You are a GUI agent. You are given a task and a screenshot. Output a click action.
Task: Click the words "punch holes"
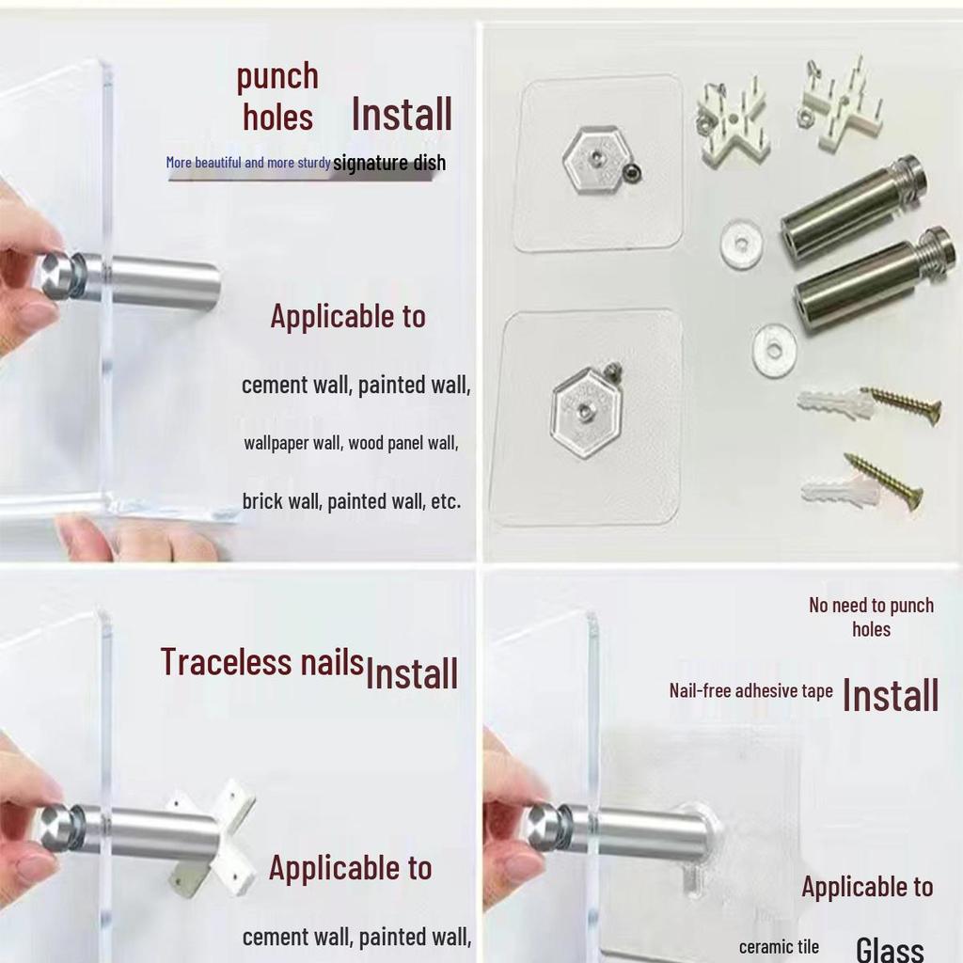(x=277, y=97)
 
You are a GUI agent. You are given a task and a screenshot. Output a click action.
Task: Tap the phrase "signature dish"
(x=389, y=163)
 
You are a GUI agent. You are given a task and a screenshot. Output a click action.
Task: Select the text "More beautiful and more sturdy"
(x=248, y=162)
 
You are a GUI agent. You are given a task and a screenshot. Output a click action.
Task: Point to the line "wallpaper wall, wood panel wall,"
(x=352, y=443)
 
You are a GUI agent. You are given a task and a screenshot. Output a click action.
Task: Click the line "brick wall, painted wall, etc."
(x=352, y=501)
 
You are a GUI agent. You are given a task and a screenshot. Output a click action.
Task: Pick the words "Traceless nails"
(x=262, y=662)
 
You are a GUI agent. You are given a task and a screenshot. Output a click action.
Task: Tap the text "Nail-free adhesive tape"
(x=751, y=691)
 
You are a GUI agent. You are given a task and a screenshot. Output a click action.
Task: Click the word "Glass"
(x=890, y=948)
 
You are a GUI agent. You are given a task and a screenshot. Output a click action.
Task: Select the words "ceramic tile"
(x=779, y=947)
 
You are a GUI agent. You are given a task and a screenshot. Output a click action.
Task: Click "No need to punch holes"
(x=871, y=617)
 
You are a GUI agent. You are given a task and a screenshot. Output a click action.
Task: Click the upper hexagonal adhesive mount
(x=594, y=160)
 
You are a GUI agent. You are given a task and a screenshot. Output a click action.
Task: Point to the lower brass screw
(x=884, y=481)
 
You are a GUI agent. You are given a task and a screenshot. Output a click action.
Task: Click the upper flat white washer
(x=741, y=244)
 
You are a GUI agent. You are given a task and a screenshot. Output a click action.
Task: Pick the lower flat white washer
(x=775, y=351)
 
